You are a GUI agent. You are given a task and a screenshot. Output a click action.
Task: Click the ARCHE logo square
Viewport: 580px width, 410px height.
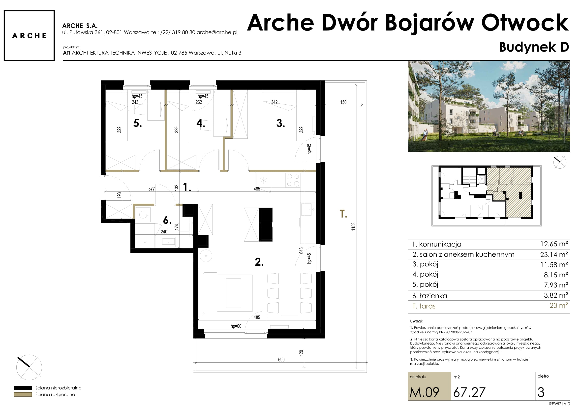[x=29, y=35]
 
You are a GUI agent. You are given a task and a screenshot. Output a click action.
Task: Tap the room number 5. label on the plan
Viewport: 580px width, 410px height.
[x=137, y=123]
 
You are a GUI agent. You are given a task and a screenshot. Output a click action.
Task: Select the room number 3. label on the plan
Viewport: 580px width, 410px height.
[x=280, y=123]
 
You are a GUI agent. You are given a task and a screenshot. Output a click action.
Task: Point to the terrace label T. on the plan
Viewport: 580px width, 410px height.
[x=343, y=214]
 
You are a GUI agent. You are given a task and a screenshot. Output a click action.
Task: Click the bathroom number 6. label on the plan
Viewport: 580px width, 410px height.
[x=167, y=220]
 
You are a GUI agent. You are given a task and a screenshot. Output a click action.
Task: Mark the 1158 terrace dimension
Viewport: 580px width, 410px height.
[x=353, y=226]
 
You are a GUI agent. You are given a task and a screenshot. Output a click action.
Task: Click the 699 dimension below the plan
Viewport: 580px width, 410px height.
[x=281, y=359]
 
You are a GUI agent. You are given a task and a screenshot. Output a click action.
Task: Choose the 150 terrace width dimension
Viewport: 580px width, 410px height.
[x=343, y=102]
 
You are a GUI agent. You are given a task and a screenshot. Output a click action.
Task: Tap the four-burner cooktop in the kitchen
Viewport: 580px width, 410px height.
[x=293, y=180]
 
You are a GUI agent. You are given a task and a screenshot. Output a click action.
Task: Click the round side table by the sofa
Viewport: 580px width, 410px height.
[x=206, y=256]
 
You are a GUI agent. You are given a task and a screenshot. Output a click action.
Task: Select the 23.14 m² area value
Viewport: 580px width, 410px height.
[x=554, y=254]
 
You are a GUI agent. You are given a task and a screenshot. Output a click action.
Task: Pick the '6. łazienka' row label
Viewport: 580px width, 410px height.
[x=429, y=296]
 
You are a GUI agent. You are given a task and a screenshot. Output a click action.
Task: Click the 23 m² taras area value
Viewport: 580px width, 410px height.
[x=559, y=305]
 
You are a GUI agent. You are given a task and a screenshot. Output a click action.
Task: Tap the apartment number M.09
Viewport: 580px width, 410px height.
[x=424, y=392]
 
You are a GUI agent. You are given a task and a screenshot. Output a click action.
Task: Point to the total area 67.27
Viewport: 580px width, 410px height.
[x=469, y=392]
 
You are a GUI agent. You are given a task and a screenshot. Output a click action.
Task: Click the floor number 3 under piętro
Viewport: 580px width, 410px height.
[x=541, y=392]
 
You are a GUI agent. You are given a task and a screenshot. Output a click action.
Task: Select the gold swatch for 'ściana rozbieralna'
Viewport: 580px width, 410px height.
[x=23, y=394]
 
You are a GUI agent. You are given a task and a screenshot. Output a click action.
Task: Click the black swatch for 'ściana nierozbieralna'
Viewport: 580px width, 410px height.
[x=23, y=388]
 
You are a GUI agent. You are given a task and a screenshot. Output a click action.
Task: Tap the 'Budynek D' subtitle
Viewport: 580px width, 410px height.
[x=534, y=47]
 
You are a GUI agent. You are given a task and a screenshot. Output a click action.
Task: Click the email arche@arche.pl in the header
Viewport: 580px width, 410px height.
[x=217, y=32]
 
